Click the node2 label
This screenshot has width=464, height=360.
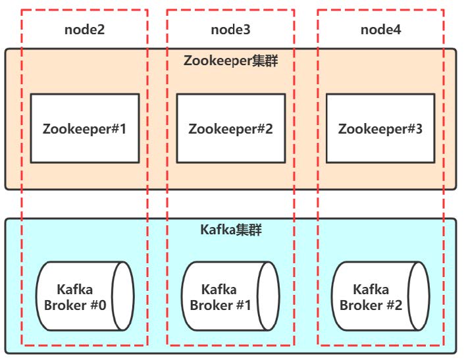tap(85, 30)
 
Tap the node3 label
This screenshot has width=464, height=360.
tap(230, 30)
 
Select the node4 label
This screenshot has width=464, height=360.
tap(381, 30)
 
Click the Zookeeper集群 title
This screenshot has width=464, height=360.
tap(231, 61)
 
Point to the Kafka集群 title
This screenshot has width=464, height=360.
tap(231, 230)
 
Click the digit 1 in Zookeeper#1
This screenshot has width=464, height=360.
tap(122, 129)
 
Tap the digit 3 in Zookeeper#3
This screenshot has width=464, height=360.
tap(419, 129)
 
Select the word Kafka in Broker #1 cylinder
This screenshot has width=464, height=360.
tap(219, 290)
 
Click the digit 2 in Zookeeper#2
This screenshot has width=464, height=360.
tap(269, 129)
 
